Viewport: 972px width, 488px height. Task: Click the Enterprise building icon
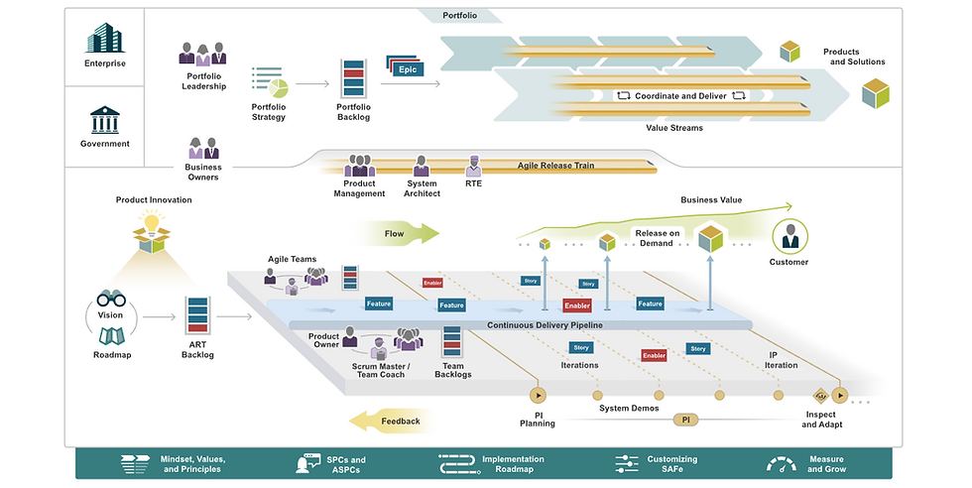[x=105, y=37]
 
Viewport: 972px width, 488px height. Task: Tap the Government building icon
[x=105, y=119]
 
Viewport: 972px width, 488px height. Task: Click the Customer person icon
[x=790, y=236]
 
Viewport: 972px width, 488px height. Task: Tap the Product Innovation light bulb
[x=153, y=228]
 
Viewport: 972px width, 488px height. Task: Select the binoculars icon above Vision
[x=110, y=299]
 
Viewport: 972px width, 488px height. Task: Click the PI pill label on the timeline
[x=685, y=420]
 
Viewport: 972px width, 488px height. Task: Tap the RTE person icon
[x=474, y=166]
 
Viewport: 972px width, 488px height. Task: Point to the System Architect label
[x=422, y=188]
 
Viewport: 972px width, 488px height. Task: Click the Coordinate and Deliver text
[x=680, y=96]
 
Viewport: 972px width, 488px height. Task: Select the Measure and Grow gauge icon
[x=782, y=463]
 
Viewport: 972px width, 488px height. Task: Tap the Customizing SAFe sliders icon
[x=627, y=463]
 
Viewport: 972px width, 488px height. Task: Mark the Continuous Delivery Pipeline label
[x=545, y=324]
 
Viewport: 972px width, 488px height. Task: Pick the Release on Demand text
[x=659, y=238]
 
